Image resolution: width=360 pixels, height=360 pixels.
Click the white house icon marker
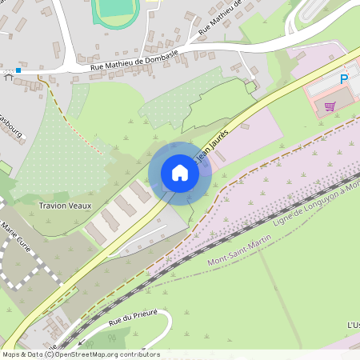180,173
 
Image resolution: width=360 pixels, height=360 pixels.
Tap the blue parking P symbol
345,79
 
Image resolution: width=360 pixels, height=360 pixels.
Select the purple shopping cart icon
330,106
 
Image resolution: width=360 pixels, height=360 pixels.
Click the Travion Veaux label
65,206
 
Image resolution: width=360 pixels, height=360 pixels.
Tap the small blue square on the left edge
18,70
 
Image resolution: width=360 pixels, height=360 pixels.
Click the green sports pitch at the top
115,10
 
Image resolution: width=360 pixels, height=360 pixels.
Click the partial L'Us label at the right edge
353,325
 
